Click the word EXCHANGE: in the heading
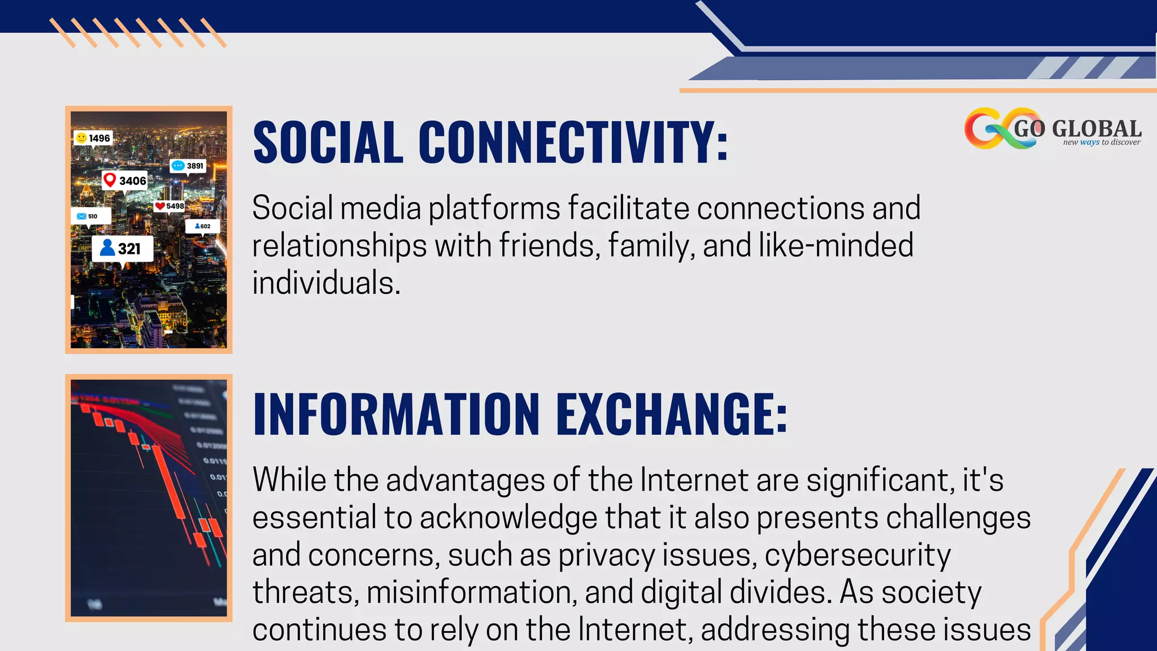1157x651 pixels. [x=672, y=414]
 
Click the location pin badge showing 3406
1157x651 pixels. [x=125, y=181]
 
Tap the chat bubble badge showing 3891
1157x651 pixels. [x=188, y=166]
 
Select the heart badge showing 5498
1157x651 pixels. [x=169, y=206]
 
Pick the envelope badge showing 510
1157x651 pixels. [x=90, y=216]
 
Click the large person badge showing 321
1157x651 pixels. [x=122, y=249]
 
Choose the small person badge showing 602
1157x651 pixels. [x=202, y=226]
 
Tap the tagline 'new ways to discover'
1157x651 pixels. [x=1102, y=142]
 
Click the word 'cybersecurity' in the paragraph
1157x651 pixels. [x=858, y=555]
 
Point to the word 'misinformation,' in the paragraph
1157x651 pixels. [x=472, y=592]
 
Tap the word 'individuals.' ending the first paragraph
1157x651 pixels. [x=326, y=283]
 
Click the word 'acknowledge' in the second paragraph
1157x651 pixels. [x=508, y=518]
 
